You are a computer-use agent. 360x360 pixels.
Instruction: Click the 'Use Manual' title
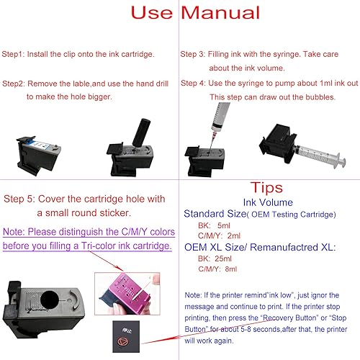pyautogui.click(x=179, y=14)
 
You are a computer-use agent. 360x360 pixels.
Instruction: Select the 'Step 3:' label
pyautogui.click(x=195, y=54)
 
